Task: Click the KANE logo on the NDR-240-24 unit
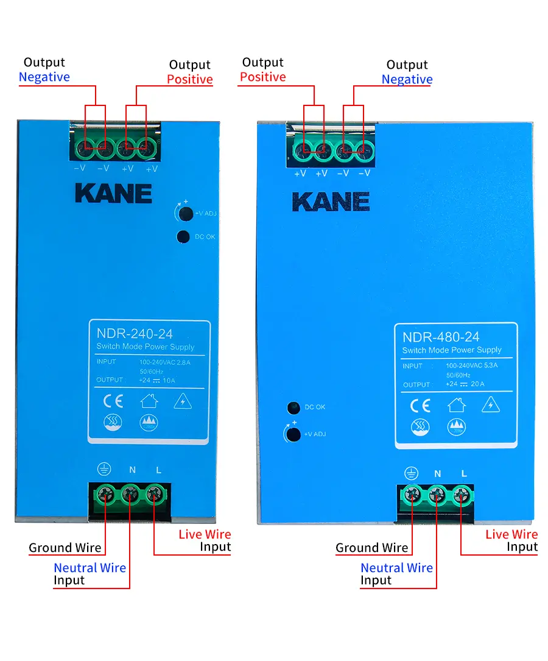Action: (x=113, y=193)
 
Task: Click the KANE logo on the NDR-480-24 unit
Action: (x=331, y=202)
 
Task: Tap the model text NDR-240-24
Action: (x=135, y=333)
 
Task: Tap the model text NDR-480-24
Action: (x=441, y=337)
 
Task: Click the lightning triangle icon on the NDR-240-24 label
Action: (x=183, y=401)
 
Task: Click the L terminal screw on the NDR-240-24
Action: (x=154, y=493)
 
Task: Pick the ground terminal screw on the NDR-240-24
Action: (x=105, y=493)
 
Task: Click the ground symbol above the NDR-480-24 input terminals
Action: (x=412, y=473)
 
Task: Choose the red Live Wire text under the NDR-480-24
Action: (x=511, y=534)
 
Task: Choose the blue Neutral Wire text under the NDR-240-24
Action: (x=90, y=568)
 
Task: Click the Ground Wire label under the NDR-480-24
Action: (x=371, y=548)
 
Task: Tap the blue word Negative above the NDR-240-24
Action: (x=44, y=77)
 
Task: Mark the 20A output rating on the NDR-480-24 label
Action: (x=477, y=384)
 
